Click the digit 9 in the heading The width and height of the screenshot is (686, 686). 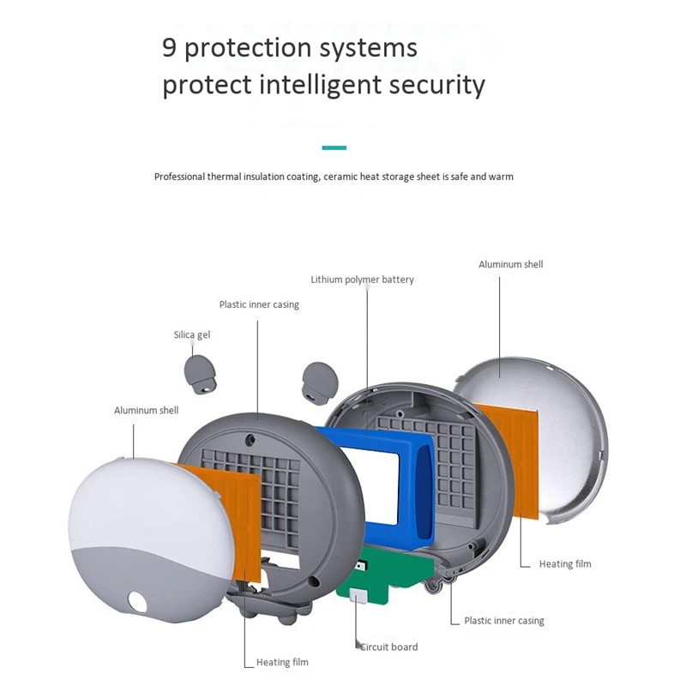tap(170, 48)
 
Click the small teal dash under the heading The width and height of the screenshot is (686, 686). tap(334, 147)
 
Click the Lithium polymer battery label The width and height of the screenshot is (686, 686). tap(362, 280)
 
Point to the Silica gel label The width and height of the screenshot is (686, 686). tap(191, 334)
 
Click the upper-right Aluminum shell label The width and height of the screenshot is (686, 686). tap(510, 264)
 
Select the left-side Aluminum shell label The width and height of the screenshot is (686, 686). tap(146, 411)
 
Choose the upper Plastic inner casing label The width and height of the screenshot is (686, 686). tap(259, 304)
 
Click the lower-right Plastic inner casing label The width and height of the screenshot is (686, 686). tap(504, 620)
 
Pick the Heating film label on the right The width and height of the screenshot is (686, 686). tap(565, 563)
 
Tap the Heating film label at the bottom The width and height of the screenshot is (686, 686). tap(282, 662)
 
